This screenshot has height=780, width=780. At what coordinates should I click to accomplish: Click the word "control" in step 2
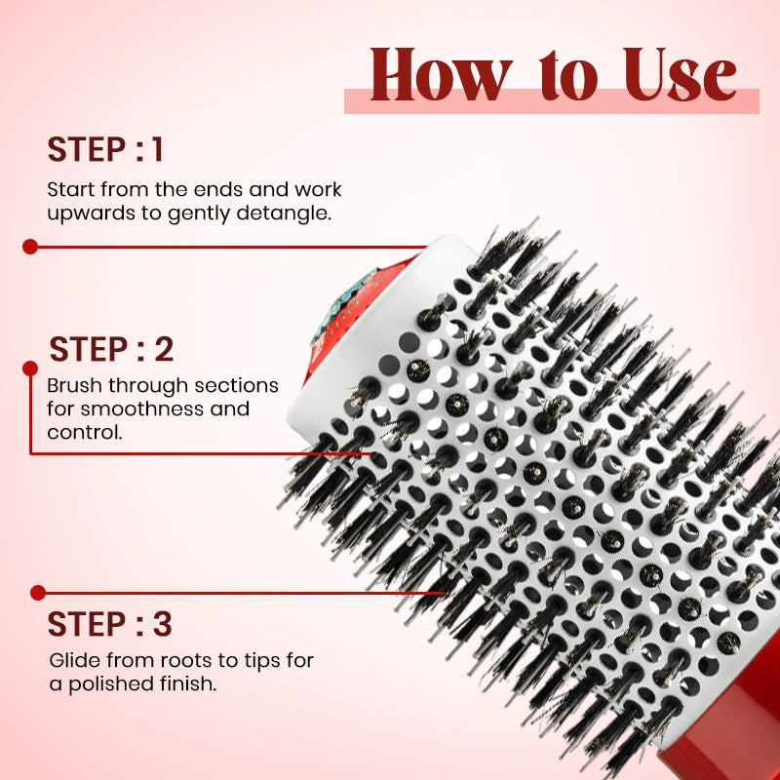[85, 431]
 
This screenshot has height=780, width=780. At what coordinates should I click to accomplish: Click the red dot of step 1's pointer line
[30, 247]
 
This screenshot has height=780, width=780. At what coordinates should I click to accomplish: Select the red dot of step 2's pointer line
[30, 367]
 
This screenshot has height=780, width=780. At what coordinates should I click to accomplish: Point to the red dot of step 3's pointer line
[37, 592]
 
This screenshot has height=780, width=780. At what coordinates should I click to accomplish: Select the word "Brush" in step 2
[74, 386]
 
